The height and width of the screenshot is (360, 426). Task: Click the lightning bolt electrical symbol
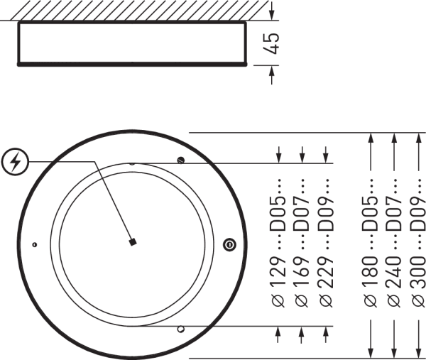click(16, 163)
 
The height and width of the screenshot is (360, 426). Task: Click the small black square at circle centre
click(133, 243)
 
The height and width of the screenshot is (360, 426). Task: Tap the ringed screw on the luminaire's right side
click(229, 244)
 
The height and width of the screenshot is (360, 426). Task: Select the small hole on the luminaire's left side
click(33, 244)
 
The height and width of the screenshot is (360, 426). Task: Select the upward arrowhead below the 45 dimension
click(272, 70)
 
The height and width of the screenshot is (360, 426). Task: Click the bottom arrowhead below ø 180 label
click(370, 354)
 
